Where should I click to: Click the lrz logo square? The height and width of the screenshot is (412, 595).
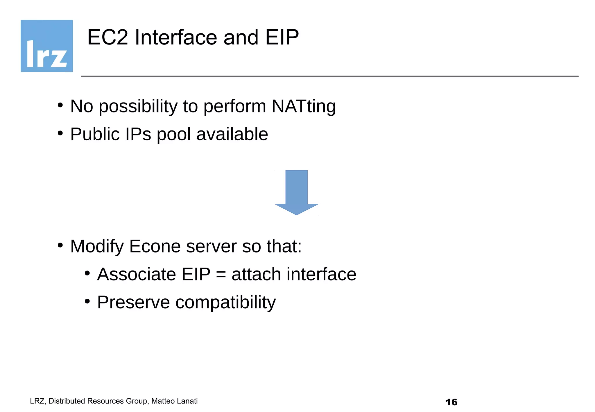[46, 46]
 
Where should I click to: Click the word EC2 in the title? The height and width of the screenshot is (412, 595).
[107, 37]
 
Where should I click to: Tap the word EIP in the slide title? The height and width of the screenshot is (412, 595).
[282, 37]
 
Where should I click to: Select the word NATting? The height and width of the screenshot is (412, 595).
[304, 106]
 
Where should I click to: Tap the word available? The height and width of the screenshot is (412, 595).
[232, 134]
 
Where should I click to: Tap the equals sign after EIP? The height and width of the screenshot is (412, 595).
[221, 275]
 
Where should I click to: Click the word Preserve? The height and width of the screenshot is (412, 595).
[133, 302]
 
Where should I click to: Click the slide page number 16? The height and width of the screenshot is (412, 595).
[451, 402]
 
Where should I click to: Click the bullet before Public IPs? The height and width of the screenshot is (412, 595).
[60, 133]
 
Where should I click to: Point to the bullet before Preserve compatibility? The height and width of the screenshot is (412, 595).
[87, 301]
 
